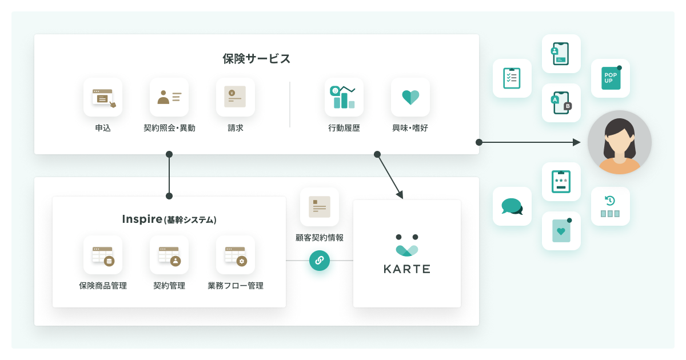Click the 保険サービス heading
click(256, 58)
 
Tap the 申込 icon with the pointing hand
click(104, 98)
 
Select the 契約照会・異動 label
click(169, 127)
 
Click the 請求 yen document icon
click(235, 97)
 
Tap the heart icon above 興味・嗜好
click(410, 97)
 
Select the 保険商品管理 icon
click(103, 256)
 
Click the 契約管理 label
click(169, 286)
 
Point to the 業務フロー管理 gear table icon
click(236, 256)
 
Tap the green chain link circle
click(320, 261)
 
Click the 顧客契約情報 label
click(320, 238)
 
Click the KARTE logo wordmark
click(407, 269)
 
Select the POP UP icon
click(611, 78)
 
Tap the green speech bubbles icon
click(512, 206)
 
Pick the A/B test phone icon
click(561, 103)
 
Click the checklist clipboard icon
click(512, 78)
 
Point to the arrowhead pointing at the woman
click(577, 142)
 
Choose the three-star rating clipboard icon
click(561, 182)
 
